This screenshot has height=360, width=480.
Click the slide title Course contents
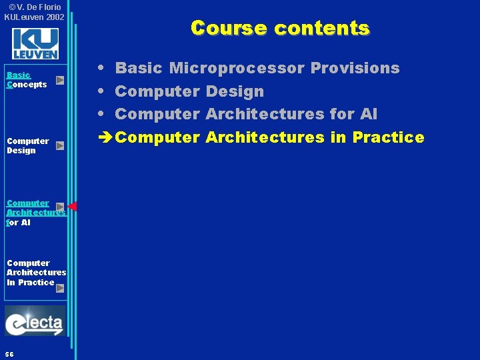pyautogui.click(x=279, y=28)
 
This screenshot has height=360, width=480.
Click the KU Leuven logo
pyautogui.click(x=35, y=44)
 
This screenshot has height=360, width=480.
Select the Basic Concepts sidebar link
pyautogui.click(x=27, y=80)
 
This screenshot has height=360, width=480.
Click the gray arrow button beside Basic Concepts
pyautogui.click(x=60, y=80)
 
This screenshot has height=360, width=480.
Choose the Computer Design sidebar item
pyautogui.click(x=27, y=145)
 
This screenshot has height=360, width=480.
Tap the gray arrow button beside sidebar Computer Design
pyautogui.click(x=60, y=145)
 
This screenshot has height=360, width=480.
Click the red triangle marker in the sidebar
pyautogui.click(x=73, y=207)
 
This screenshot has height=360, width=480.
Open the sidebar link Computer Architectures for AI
pyautogui.click(x=33, y=213)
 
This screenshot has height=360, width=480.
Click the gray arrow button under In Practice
pyautogui.click(x=60, y=288)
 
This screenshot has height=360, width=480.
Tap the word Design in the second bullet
pyautogui.click(x=235, y=91)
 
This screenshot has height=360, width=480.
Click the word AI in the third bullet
pyautogui.click(x=368, y=114)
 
